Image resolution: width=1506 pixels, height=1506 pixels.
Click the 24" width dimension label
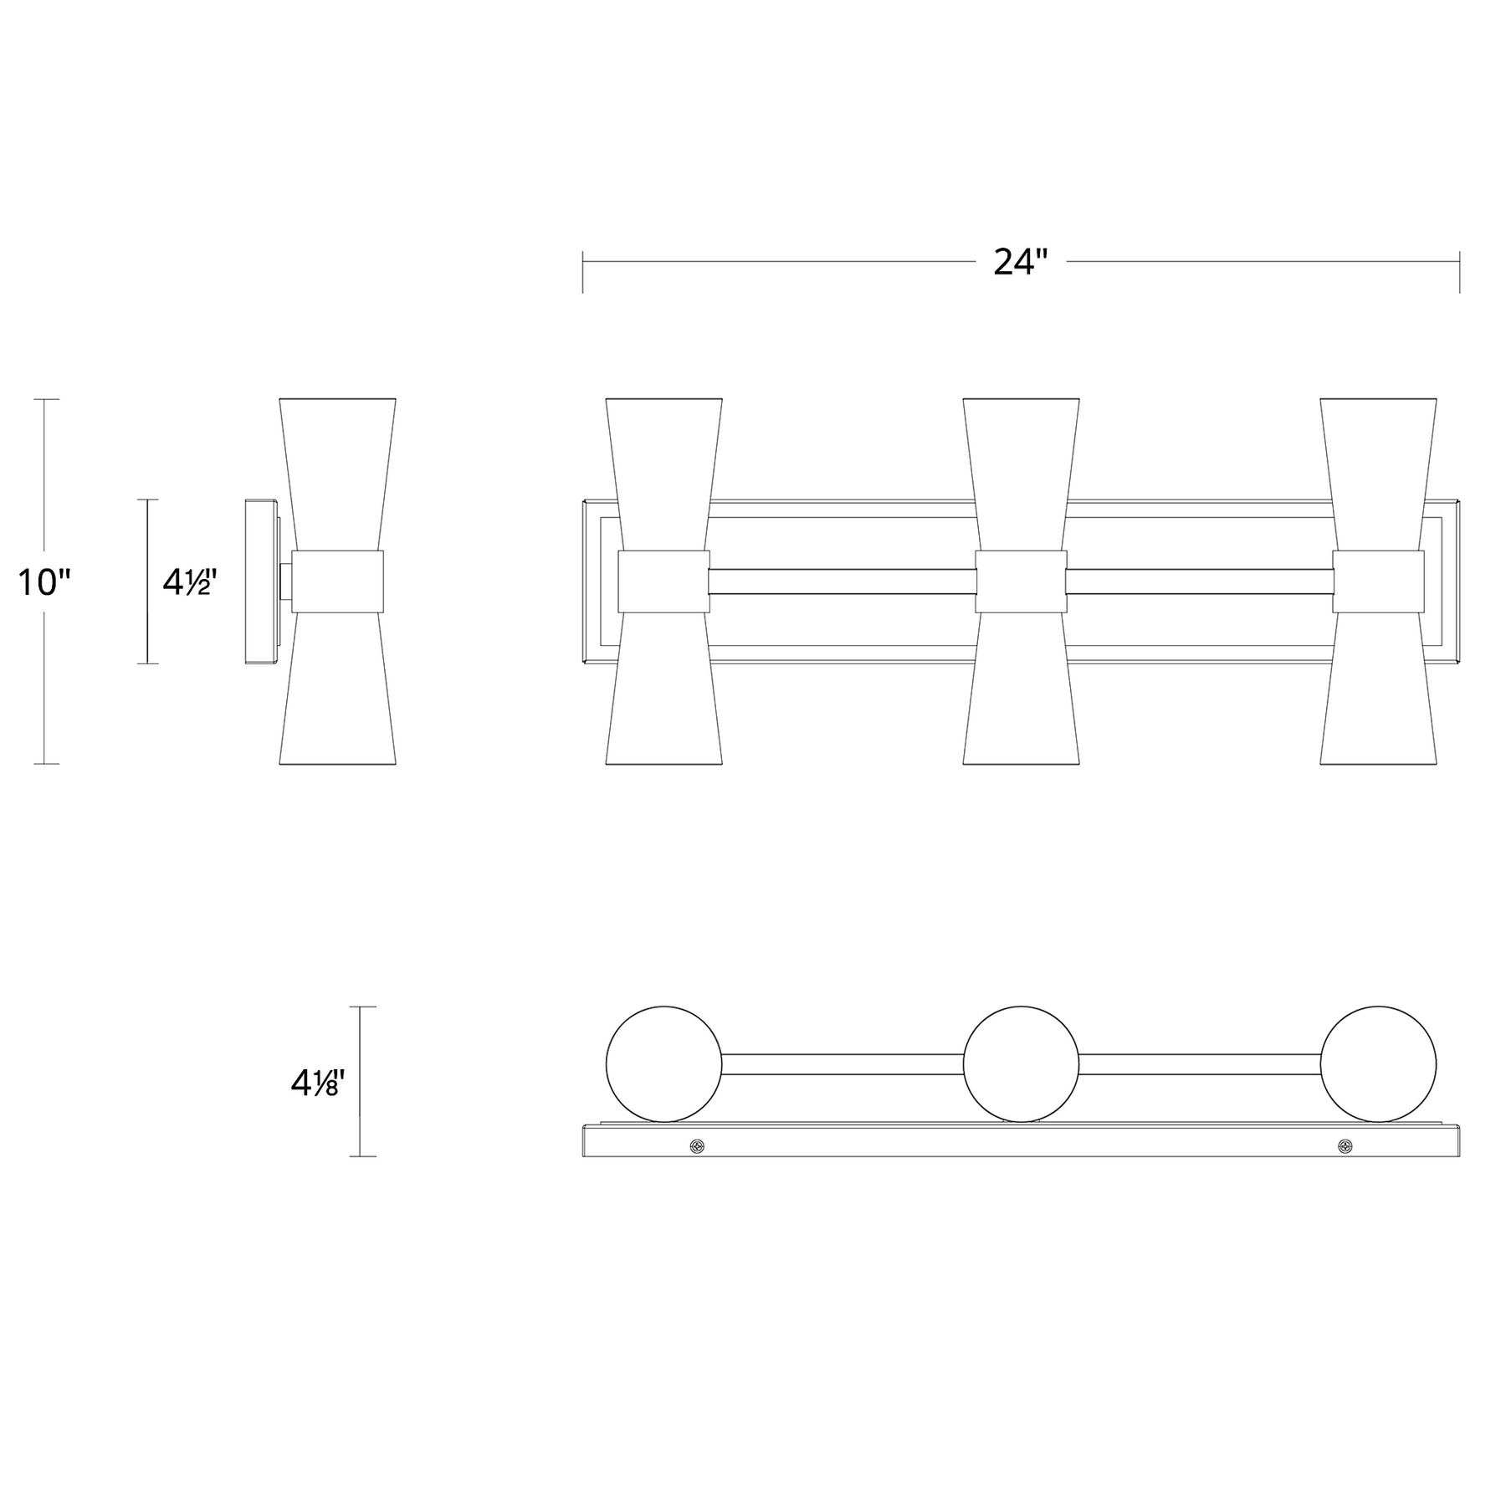point(1020,263)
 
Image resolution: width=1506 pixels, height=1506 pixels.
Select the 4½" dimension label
point(190,582)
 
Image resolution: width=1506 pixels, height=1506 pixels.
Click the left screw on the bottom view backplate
point(696,1145)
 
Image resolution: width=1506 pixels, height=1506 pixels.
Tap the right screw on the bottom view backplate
point(1345,1145)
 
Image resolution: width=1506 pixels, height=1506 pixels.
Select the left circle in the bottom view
point(663,1064)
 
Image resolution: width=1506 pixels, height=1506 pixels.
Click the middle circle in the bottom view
point(1021,1064)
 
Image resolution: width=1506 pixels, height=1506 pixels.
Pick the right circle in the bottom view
point(1378,1064)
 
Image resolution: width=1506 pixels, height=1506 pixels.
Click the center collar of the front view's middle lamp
point(1021,581)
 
